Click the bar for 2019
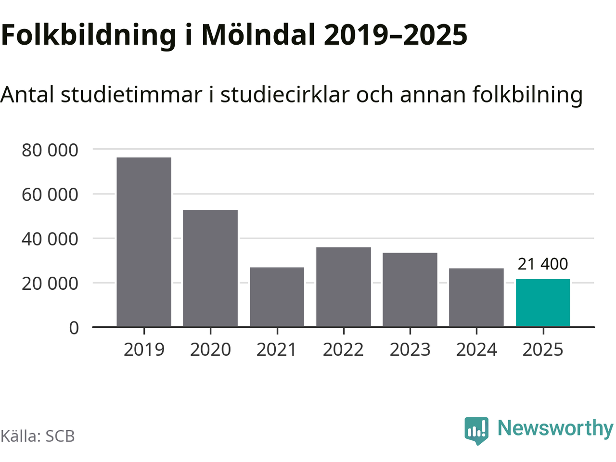(144, 242)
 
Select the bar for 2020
(210, 269)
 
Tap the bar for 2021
(277, 297)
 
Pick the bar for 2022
(344, 287)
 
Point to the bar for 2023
(410, 290)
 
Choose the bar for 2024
(476, 297)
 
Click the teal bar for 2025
(543, 303)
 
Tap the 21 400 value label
(543, 264)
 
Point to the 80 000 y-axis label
(50, 150)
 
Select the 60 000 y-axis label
(50, 194)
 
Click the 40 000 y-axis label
(50, 239)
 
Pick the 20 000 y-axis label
(50, 283)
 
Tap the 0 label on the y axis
(74, 328)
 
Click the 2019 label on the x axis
(144, 349)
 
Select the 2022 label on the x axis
(344, 349)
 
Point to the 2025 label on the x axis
(543, 349)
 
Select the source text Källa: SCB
(38, 436)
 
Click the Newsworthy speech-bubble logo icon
(476, 430)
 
